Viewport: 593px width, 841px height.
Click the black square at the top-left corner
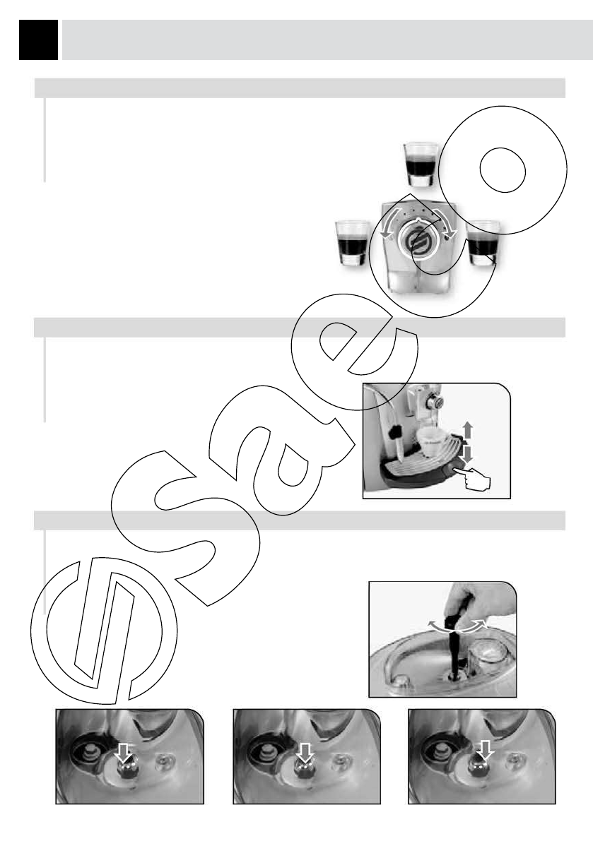point(39,40)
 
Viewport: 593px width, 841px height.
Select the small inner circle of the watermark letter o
point(502,169)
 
